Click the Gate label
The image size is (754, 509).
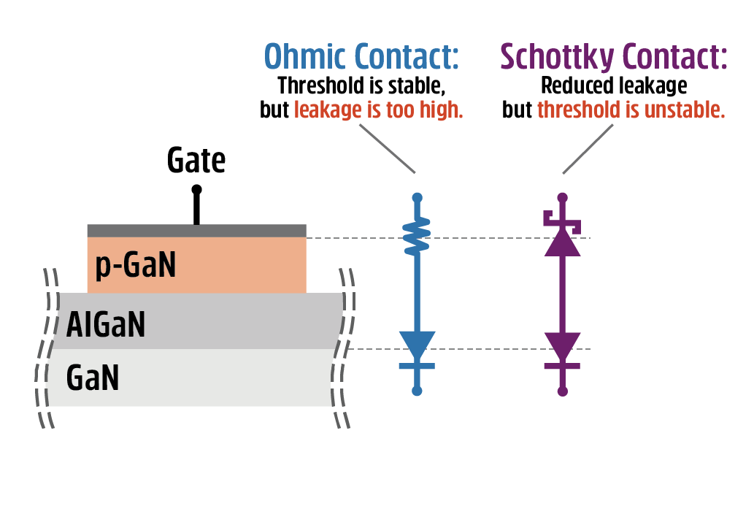pyautogui.click(x=196, y=161)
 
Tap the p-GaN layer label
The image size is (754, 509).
pyautogui.click(x=136, y=265)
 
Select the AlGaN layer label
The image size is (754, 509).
pyautogui.click(x=106, y=324)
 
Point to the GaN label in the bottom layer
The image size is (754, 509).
pyautogui.click(x=93, y=378)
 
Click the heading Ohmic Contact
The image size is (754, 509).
pyautogui.click(x=361, y=56)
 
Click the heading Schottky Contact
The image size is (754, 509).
pyautogui.click(x=613, y=56)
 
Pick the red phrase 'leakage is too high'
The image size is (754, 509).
pyautogui.click(x=379, y=110)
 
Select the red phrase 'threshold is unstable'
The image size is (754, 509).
pyautogui.click(x=631, y=110)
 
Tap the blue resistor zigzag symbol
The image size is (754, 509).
pyautogui.click(x=417, y=237)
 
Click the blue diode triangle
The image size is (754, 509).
pyautogui.click(x=417, y=344)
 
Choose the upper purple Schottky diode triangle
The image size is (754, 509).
pyautogui.click(x=562, y=243)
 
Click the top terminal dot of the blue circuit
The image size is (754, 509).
pyautogui.click(x=417, y=197)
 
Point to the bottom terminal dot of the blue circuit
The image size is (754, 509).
pyautogui.click(x=417, y=391)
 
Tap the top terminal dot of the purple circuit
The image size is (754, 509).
pyautogui.click(x=562, y=197)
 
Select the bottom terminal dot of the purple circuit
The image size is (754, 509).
pyautogui.click(x=562, y=391)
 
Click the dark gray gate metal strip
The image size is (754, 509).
pyautogui.click(x=196, y=231)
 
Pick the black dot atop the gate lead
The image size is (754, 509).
pyautogui.click(x=196, y=189)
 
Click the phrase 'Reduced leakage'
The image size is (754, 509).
pyautogui.click(x=613, y=86)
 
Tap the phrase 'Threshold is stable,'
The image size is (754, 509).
pyautogui.click(x=361, y=86)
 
